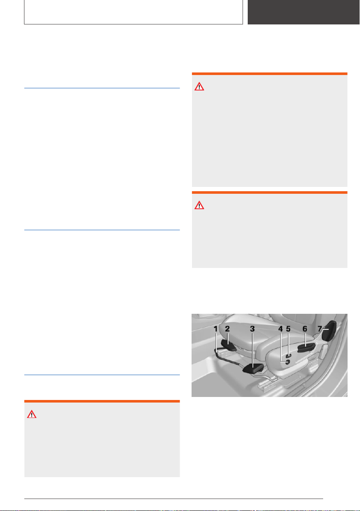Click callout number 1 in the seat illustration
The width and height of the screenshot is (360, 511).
216,329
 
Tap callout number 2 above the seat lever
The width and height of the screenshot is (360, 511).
228,329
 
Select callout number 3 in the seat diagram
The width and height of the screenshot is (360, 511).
252,329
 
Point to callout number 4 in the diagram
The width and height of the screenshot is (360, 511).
281,329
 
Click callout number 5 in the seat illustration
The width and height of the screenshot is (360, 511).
288,329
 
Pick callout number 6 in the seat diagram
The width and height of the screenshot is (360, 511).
305,329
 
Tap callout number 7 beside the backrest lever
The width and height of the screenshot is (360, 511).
320,329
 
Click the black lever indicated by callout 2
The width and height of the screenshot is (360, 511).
228,345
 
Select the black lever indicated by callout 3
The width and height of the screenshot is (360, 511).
253,368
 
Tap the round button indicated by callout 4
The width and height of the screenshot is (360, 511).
287,362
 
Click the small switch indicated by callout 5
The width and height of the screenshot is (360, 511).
289,355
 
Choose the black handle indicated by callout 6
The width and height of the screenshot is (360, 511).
306,348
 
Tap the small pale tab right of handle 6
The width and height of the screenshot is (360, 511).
324,351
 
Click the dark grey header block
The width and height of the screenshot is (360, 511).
303,12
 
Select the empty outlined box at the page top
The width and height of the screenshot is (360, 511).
134,12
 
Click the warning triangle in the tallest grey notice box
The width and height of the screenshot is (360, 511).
199,86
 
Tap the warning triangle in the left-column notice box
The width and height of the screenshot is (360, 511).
32,414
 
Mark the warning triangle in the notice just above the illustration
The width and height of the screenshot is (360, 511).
199,205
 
